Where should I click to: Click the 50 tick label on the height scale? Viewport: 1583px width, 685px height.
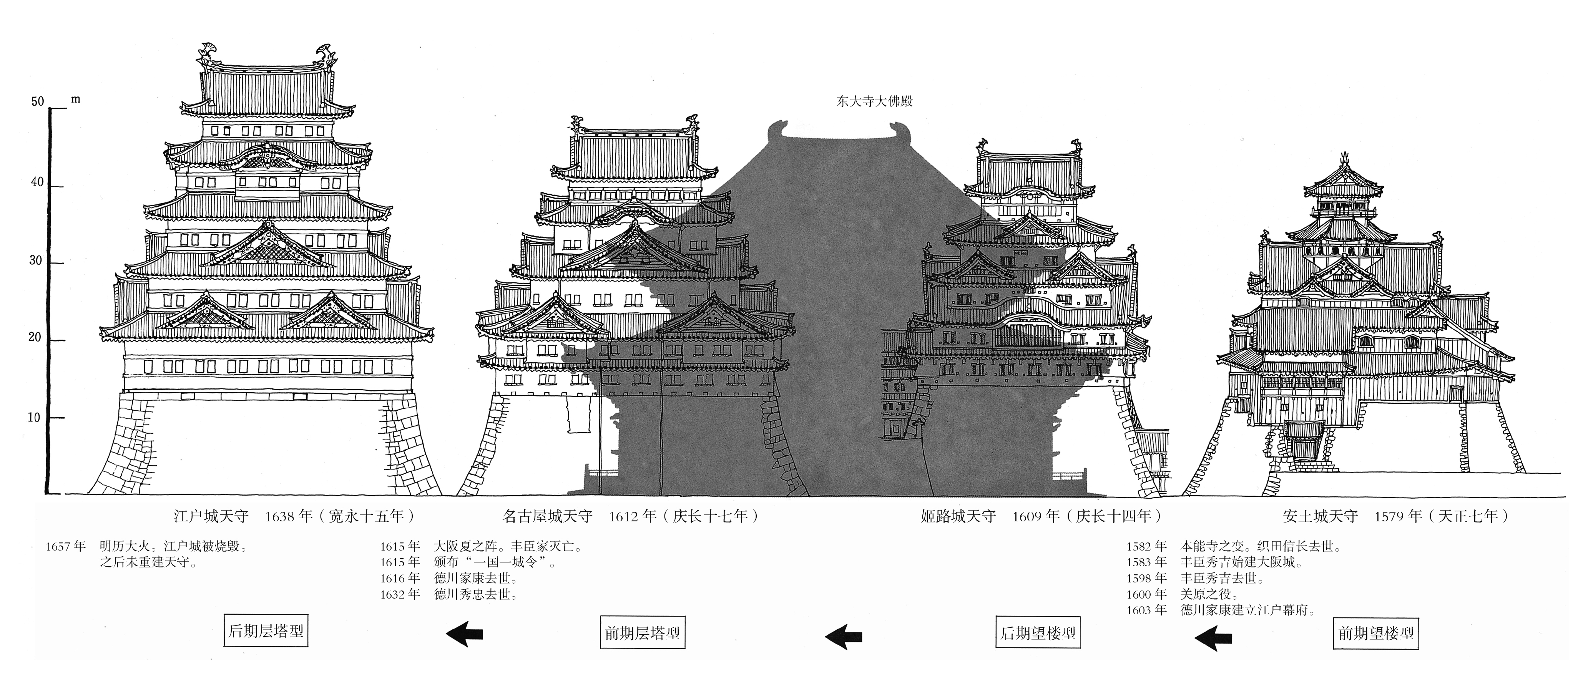(38, 102)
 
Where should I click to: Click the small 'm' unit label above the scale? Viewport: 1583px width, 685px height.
(76, 99)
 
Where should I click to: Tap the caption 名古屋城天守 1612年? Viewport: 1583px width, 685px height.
(631, 516)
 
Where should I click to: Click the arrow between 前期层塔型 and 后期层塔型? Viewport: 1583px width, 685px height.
(465, 634)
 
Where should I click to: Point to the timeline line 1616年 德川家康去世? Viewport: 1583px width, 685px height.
(448, 578)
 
